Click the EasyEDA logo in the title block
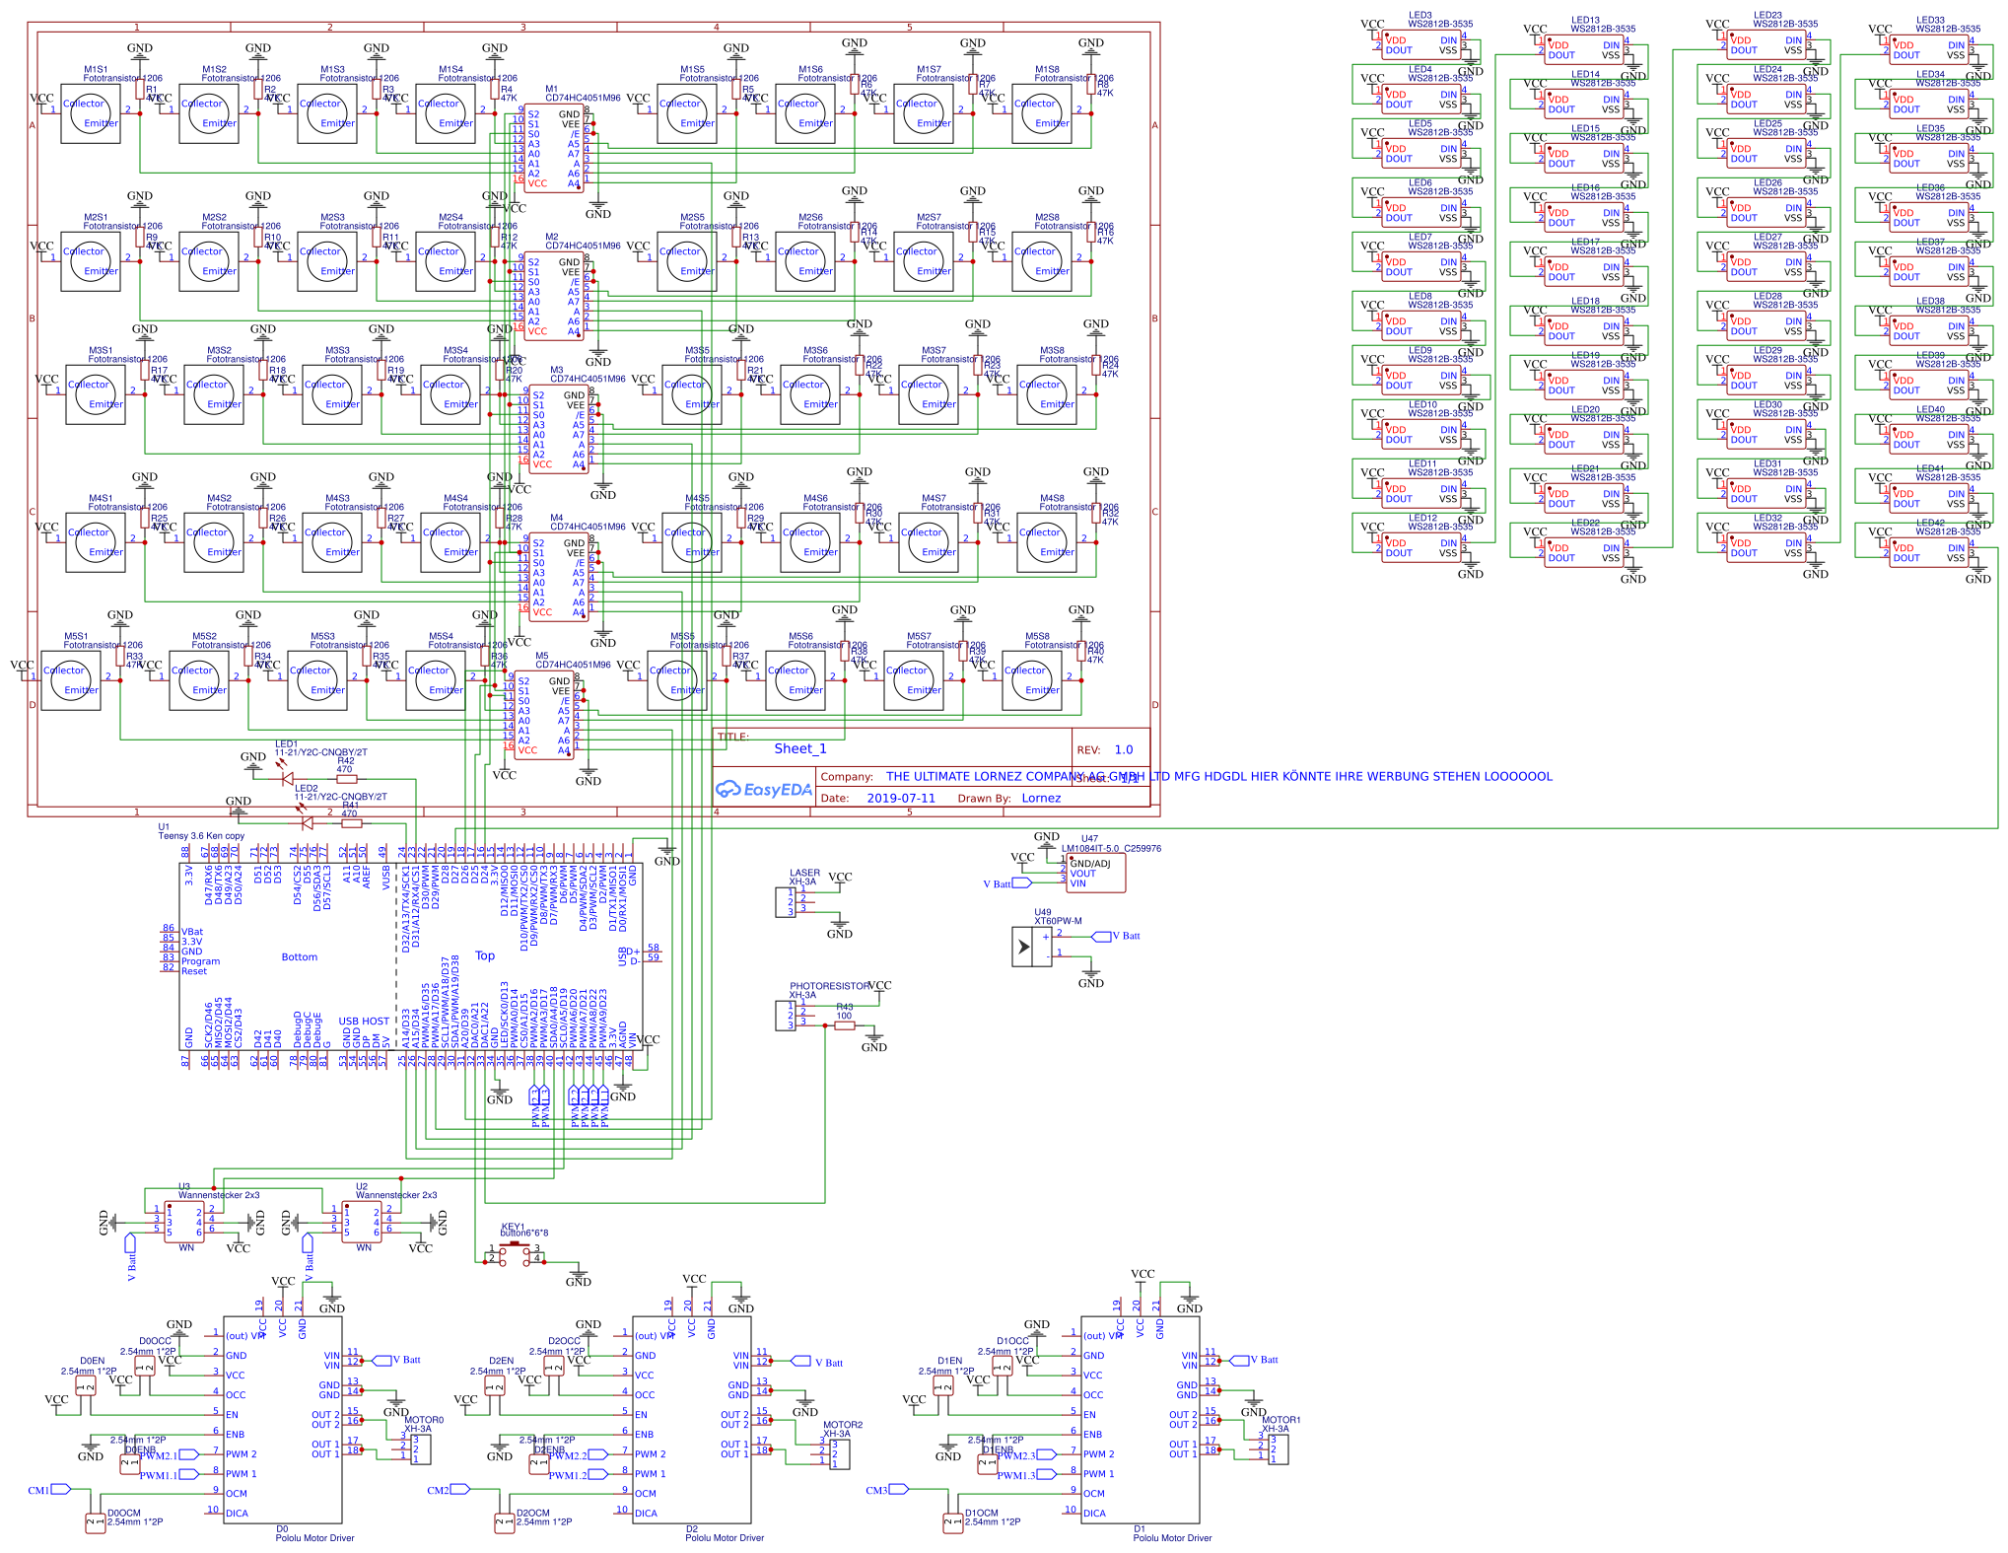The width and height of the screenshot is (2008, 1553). coord(763,789)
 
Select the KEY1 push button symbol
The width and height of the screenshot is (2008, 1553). coord(515,1253)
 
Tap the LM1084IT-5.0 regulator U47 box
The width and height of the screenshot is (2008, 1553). coord(1094,873)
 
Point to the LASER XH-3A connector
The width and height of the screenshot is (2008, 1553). coord(786,902)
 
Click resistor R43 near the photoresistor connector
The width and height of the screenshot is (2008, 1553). coord(844,1025)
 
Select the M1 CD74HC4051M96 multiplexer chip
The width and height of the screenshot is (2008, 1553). coord(554,148)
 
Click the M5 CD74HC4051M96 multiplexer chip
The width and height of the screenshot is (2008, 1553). coord(544,715)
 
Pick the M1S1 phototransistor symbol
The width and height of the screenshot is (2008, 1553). coord(90,114)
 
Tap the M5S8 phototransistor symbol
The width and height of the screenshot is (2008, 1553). coord(1031,681)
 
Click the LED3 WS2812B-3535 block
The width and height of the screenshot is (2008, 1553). coord(1421,45)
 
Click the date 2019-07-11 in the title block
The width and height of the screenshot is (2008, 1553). coord(901,799)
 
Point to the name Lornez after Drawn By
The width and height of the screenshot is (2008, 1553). coord(1041,799)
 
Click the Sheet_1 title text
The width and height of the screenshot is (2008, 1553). coord(799,749)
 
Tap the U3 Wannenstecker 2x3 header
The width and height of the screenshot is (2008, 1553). coord(185,1221)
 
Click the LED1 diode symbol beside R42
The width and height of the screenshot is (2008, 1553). coord(287,778)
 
